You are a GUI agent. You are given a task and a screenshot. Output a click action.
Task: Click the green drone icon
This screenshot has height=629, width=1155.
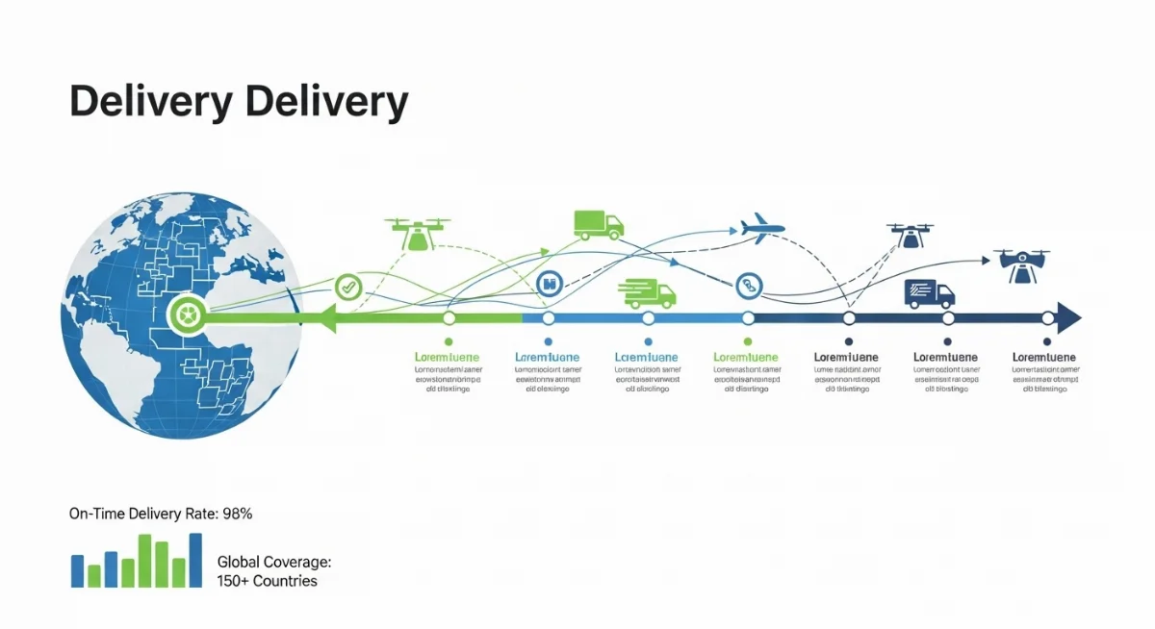point(418,234)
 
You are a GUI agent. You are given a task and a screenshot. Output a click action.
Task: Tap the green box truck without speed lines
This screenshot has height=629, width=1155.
point(599,223)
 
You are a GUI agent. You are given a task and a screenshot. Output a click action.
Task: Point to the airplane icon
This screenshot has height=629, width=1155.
point(762,229)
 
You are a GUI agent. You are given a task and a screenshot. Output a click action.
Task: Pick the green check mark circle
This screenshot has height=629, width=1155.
point(347,286)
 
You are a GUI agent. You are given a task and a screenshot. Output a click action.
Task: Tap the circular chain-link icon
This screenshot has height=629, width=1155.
point(748,285)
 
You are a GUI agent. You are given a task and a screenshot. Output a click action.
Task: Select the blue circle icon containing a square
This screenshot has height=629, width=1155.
point(549,283)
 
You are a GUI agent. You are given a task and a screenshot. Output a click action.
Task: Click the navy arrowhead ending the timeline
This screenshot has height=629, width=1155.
point(1067,317)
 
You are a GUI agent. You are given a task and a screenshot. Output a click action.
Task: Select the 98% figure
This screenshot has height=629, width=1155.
point(237,514)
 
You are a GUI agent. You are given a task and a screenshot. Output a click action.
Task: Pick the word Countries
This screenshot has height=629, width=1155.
point(285,581)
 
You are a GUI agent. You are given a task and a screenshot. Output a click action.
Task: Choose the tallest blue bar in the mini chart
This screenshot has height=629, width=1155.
point(195,560)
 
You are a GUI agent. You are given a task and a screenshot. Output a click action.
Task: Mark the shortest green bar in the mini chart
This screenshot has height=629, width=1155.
point(94,575)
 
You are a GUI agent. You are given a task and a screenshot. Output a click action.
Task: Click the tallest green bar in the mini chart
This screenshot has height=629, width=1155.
point(145,561)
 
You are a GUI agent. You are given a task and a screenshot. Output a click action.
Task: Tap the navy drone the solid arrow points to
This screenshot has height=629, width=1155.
point(1021,265)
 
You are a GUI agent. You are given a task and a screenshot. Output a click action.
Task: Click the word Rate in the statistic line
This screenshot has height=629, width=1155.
point(200,514)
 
